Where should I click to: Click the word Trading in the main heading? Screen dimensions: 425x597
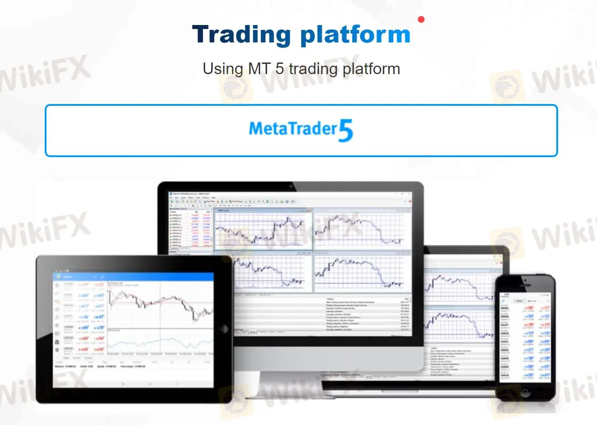click(241, 35)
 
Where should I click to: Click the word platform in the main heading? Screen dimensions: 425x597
click(355, 35)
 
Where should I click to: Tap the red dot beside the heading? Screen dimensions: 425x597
click(420, 19)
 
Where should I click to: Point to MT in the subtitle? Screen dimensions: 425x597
click(259, 69)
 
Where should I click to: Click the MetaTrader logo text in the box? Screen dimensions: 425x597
click(293, 129)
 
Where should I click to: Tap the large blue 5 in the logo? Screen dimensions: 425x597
click(345, 131)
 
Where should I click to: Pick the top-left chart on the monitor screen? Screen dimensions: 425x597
click(263, 229)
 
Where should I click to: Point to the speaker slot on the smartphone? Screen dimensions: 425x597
click(525, 282)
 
